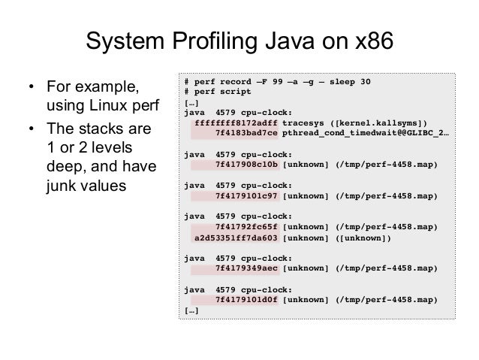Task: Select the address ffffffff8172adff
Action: click(236, 123)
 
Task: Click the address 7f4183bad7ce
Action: click(246, 132)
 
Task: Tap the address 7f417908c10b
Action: click(246, 164)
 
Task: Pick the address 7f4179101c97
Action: click(246, 195)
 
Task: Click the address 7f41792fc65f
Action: click(246, 227)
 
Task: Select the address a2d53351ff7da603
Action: click(236, 237)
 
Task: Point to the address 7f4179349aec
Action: click(246, 268)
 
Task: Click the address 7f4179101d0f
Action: click(246, 300)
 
